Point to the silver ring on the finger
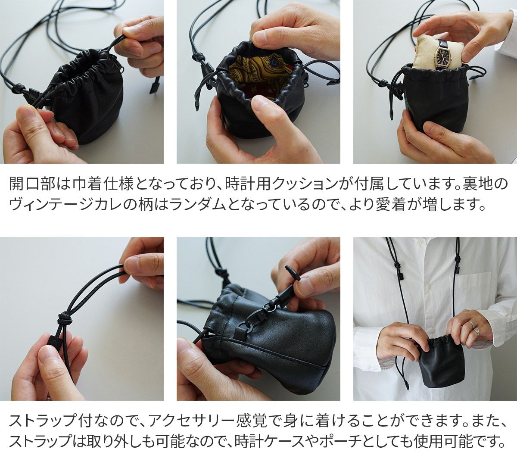pyautogui.click(x=471, y=324)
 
